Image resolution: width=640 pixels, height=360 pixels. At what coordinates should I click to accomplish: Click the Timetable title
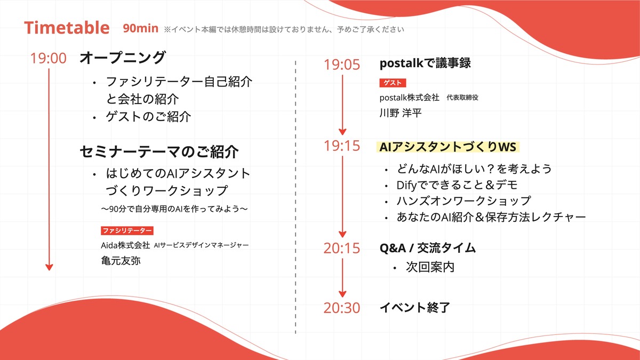click(67, 28)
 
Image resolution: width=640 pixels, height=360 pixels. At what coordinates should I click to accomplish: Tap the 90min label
click(141, 28)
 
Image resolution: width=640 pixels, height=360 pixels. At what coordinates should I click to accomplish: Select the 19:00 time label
click(49, 58)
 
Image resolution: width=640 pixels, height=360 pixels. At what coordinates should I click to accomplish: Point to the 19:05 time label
click(342, 65)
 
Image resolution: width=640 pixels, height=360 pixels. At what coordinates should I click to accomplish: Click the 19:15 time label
click(342, 146)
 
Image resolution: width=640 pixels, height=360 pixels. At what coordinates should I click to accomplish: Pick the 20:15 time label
click(342, 248)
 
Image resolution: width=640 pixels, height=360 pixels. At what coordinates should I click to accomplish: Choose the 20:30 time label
click(342, 308)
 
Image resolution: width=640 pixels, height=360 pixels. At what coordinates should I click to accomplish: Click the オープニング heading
click(123, 58)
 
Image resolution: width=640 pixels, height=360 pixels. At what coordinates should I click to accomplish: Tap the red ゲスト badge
click(393, 83)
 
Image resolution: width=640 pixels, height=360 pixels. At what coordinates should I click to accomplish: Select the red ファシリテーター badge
click(127, 230)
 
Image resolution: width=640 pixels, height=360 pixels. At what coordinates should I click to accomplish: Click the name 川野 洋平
click(401, 113)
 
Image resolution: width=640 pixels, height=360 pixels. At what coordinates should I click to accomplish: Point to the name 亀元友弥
click(121, 261)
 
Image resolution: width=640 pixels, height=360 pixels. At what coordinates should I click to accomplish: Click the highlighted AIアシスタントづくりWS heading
click(447, 147)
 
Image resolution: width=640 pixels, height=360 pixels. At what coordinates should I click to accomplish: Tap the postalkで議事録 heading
click(425, 63)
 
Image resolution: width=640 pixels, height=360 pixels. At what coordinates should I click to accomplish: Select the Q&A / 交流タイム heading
click(428, 248)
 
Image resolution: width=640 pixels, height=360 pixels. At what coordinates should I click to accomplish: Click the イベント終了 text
click(415, 308)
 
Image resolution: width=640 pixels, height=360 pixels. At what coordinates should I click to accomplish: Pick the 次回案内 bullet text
click(430, 267)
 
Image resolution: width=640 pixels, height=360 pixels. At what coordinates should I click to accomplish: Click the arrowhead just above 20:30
click(342, 294)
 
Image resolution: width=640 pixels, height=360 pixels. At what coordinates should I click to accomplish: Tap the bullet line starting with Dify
click(457, 185)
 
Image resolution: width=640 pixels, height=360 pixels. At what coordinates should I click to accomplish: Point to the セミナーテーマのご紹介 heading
click(159, 151)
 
